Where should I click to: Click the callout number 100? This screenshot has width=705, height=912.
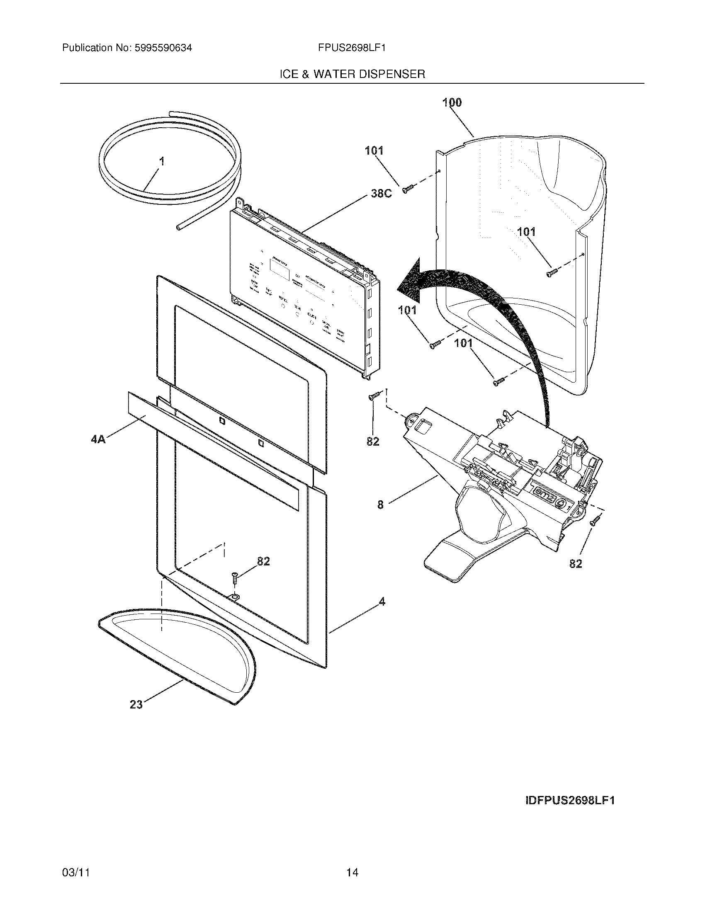click(x=452, y=102)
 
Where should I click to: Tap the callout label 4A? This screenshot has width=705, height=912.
click(x=98, y=439)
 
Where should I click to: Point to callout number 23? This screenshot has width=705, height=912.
click(x=136, y=704)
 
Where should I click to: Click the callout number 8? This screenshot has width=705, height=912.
click(x=380, y=505)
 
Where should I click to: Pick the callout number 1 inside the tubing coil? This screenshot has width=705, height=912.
click(x=162, y=161)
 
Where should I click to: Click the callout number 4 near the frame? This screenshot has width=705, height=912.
click(x=381, y=602)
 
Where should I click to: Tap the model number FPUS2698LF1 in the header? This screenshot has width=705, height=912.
click(x=351, y=48)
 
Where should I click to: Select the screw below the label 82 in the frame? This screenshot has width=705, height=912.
click(x=235, y=580)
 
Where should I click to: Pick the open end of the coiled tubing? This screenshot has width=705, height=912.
click(x=179, y=228)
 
